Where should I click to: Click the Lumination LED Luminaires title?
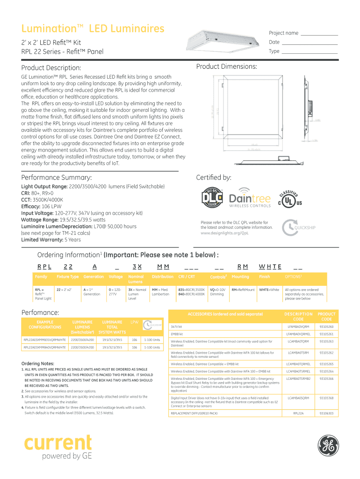[93, 29]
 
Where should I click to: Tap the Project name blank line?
[319, 35]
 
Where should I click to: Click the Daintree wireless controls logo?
[250, 198]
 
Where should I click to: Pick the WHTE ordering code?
[270, 267]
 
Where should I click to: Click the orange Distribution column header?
[162, 277]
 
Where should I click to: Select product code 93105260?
[326, 327]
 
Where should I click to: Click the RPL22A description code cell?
[298, 414]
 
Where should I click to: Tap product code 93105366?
[326, 379]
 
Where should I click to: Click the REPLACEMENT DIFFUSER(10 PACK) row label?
[194, 414]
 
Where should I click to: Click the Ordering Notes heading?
[38, 363]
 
